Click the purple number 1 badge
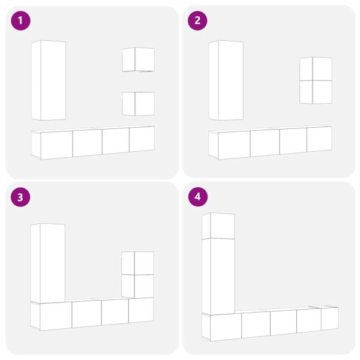20,20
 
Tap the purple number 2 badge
197,20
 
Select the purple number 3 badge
20,197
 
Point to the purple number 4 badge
197,197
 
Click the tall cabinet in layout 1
49,80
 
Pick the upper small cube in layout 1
138,59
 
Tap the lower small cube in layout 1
138,104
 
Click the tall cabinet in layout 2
226,80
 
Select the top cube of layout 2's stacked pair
316,69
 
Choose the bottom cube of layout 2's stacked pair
316,92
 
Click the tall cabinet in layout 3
48,263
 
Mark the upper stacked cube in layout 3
137,263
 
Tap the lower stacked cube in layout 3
137,286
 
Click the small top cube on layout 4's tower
218,226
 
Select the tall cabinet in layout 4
218,276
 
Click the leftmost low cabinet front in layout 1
57,145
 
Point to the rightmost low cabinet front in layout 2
319,139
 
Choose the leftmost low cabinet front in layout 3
56,316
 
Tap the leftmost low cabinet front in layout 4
226,327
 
